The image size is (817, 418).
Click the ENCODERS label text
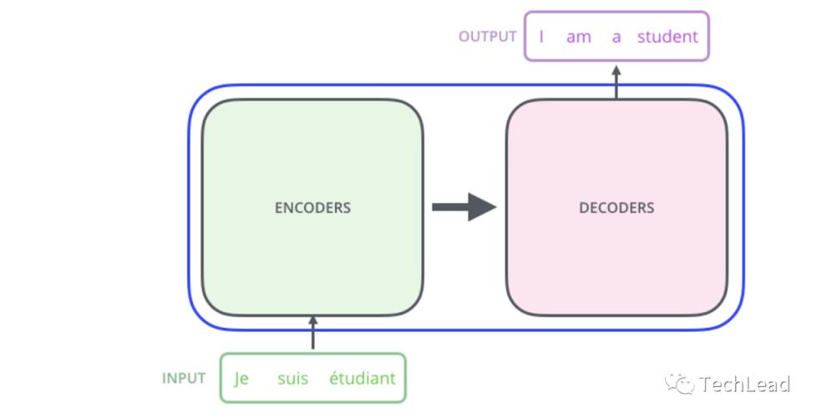pyautogui.click(x=312, y=207)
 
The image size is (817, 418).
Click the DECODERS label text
pyautogui.click(x=617, y=207)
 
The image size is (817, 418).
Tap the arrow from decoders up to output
pyautogui.click(x=617, y=81)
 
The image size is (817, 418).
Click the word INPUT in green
pyautogui.click(x=184, y=378)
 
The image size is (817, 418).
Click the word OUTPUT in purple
pyautogui.click(x=488, y=37)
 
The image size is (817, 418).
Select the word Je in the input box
pyautogui.click(x=241, y=379)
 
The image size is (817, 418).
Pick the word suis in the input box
pyautogui.click(x=292, y=379)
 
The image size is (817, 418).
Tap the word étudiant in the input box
pyautogui.click(x=362, y=379)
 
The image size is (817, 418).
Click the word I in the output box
pyautogui.click(x=541, y=37)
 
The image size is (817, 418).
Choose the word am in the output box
pyautogui.click(x=578, y=37)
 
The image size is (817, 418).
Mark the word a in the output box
pyautogui.click(x=617, y=37)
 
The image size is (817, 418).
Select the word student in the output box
pyautogui.click(x=667, y=37)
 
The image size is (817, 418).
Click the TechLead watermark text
pyautogui.click(x=744, y=384)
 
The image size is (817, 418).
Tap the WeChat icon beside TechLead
pyautogui.click(x=679, y=384)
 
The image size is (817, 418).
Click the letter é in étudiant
pyautogui.click(x=333, y=379)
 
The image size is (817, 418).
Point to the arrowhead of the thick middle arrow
pyautogui.click(x=482, y=206)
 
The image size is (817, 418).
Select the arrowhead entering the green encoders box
pyautogui.click(x=313, y=322)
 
